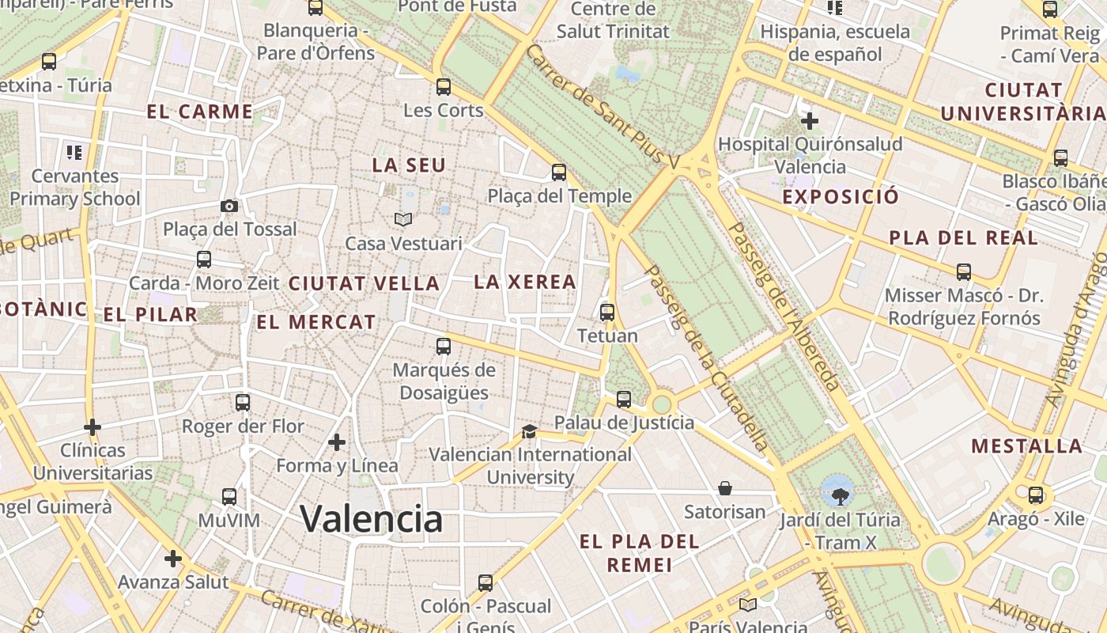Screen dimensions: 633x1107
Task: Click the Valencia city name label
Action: click(371, 519)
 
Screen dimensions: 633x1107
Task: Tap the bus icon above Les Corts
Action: click(444, 87)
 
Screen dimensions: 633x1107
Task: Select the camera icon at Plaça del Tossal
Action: click(229, 206)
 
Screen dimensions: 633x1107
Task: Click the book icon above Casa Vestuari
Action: click(403, 219)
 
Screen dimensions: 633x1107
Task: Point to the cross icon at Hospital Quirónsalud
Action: click(810, 121)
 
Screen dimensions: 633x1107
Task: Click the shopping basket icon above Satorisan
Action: click(725, 488)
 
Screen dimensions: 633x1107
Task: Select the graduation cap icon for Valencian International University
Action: click(529, 431)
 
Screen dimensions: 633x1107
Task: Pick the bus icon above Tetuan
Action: click(607, 312)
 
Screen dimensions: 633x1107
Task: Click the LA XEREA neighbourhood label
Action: click(525, 282)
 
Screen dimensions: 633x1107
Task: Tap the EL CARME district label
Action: click(200, 112)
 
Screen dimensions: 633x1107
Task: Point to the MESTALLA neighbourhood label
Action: click(1026, 445)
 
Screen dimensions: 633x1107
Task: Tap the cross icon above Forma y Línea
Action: click(337, 442)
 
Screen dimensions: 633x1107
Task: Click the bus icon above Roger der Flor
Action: click(243, 402)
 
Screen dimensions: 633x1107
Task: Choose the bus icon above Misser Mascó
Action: click(964, 272)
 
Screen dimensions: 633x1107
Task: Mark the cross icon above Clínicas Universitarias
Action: click(93, 427)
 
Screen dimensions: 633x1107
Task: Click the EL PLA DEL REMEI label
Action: click(639, 553)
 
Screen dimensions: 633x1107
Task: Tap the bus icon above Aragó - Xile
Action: click(1036, 495)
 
